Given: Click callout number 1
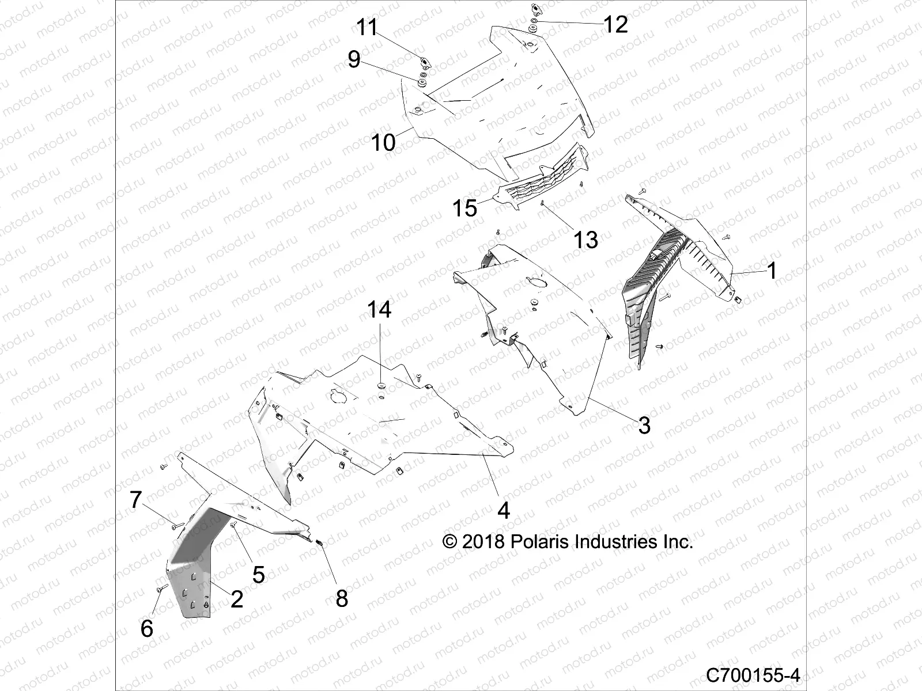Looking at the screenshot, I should pyautogui.click(x=772, y=271).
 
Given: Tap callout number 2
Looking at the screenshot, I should pyautogui.click(x=236, y=599).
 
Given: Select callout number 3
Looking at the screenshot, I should pyautogui.click(x=644, y=426).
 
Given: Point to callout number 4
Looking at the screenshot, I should pyautogui.click(x=503, y=510).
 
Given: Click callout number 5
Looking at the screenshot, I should pyautogui.click(x=258, y=574).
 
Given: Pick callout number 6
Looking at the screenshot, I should pyautogui.click(x=147, y=629).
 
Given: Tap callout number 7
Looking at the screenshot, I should pyautogui.click(x=135, y=500).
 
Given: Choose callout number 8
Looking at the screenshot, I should pyautogui.click(x=342, y=599).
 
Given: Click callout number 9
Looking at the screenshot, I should pyautogui.click(x=354, y=59).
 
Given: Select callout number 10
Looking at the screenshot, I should pyautogui.click(x=383, y=142).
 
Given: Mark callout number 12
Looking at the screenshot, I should pyautogui.click(x=615, y=24).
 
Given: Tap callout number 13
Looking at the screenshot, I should pyautogui.click(x=585, y=240).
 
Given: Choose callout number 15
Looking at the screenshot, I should pyautogui.click(x=464, y=208).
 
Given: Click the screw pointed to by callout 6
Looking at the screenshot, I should pyautogui.click(x=161, y=588).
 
